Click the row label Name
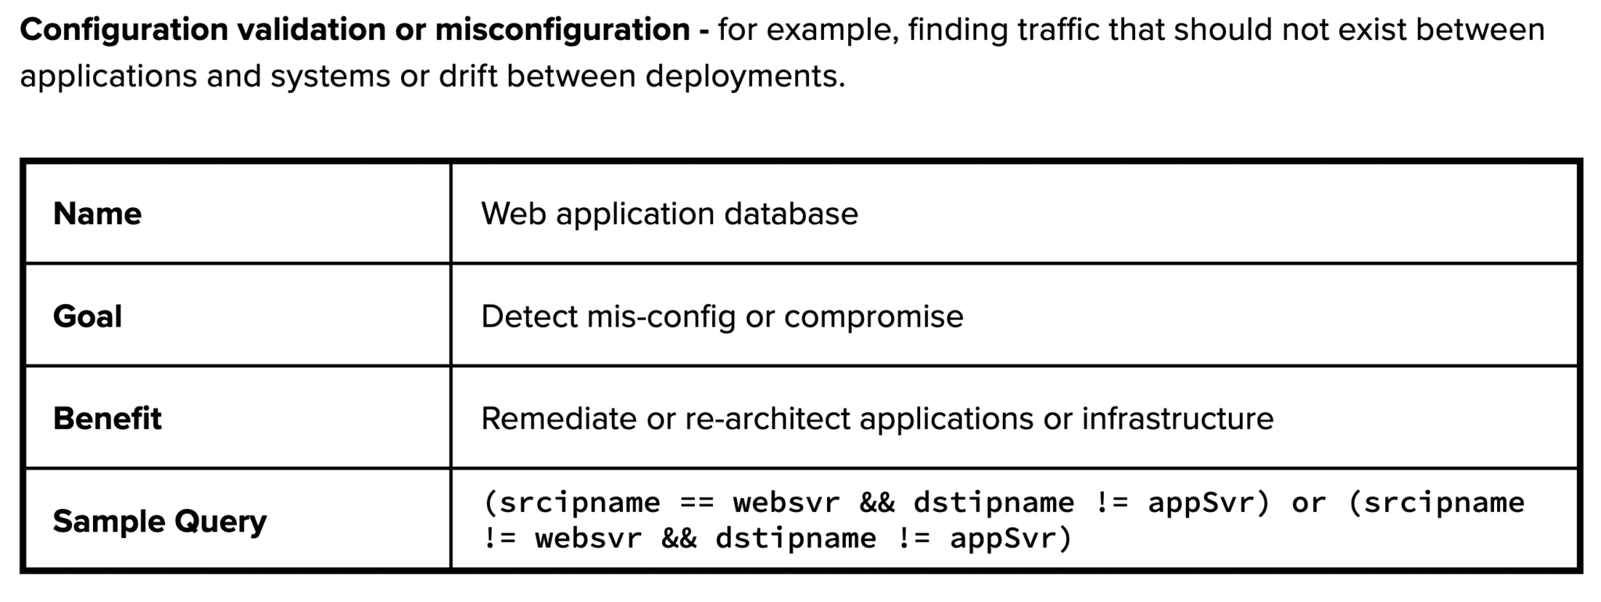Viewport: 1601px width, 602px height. [x=97, y=213]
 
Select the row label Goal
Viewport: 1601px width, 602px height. [x=88, y=317]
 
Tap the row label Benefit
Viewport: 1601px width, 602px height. [x=107, y=419]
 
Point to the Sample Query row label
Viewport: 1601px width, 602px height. [x=159, y=521]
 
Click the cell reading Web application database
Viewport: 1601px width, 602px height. [x=669, y=213]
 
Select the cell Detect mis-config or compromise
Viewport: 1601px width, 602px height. [x=722, y=317]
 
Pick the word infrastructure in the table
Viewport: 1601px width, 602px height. [x=1177, y=419]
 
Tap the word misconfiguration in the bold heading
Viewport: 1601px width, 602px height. [x=562, y=30]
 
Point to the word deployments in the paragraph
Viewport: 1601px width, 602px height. [x=744, y=77]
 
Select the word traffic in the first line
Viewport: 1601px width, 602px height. [x=1062, y=30]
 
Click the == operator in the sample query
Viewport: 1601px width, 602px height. [x=697, y=503]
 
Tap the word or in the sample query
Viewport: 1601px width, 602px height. [x=1309, y=503]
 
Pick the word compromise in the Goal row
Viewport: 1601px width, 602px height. [x=873, y=317]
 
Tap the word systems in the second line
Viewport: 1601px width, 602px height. [x=330, y=77]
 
